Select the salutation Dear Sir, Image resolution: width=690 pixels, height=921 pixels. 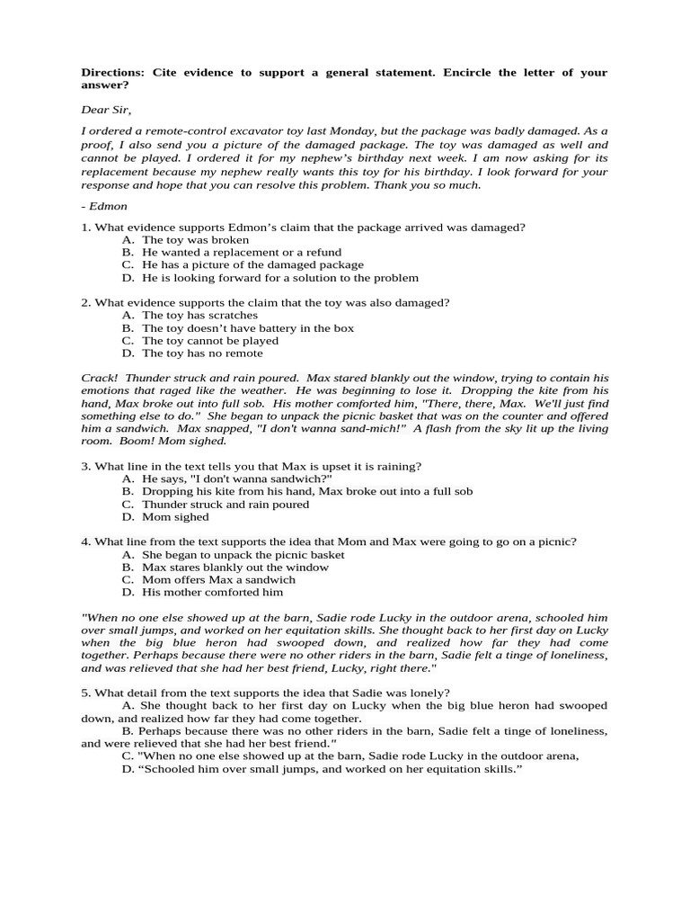click(x=106, y=110)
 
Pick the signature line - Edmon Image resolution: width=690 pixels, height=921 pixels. click(x=104, y=206)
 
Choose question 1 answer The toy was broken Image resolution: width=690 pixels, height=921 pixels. click(x=195, y=240)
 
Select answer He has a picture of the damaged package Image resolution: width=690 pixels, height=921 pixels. click(x=252, y=265)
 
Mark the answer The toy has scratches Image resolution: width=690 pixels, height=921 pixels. click(x=199, y=316)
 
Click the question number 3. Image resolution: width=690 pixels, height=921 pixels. click(x=85, y=467)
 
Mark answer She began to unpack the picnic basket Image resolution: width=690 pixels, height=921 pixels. click(x=243, y=555)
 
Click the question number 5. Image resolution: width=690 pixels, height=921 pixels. click(x=85, y=693)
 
